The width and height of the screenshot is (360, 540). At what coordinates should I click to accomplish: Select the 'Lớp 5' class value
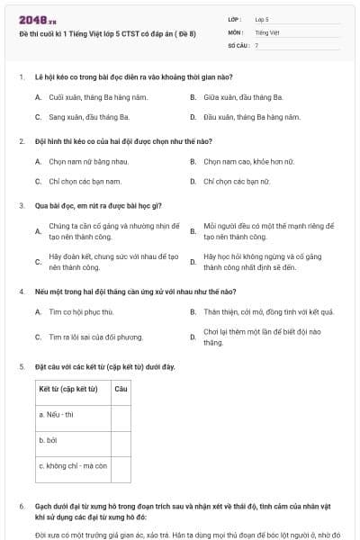point(262,18)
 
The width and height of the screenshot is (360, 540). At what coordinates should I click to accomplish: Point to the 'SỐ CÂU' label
point(238,45)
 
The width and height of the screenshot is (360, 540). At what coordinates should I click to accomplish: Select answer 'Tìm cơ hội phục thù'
point(81,311)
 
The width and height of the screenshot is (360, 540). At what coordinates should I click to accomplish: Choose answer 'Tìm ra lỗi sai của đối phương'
point(95,337)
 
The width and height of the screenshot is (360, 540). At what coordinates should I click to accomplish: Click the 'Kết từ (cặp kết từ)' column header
point(70,389)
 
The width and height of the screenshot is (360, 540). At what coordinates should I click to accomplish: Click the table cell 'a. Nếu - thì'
point(57,414)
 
